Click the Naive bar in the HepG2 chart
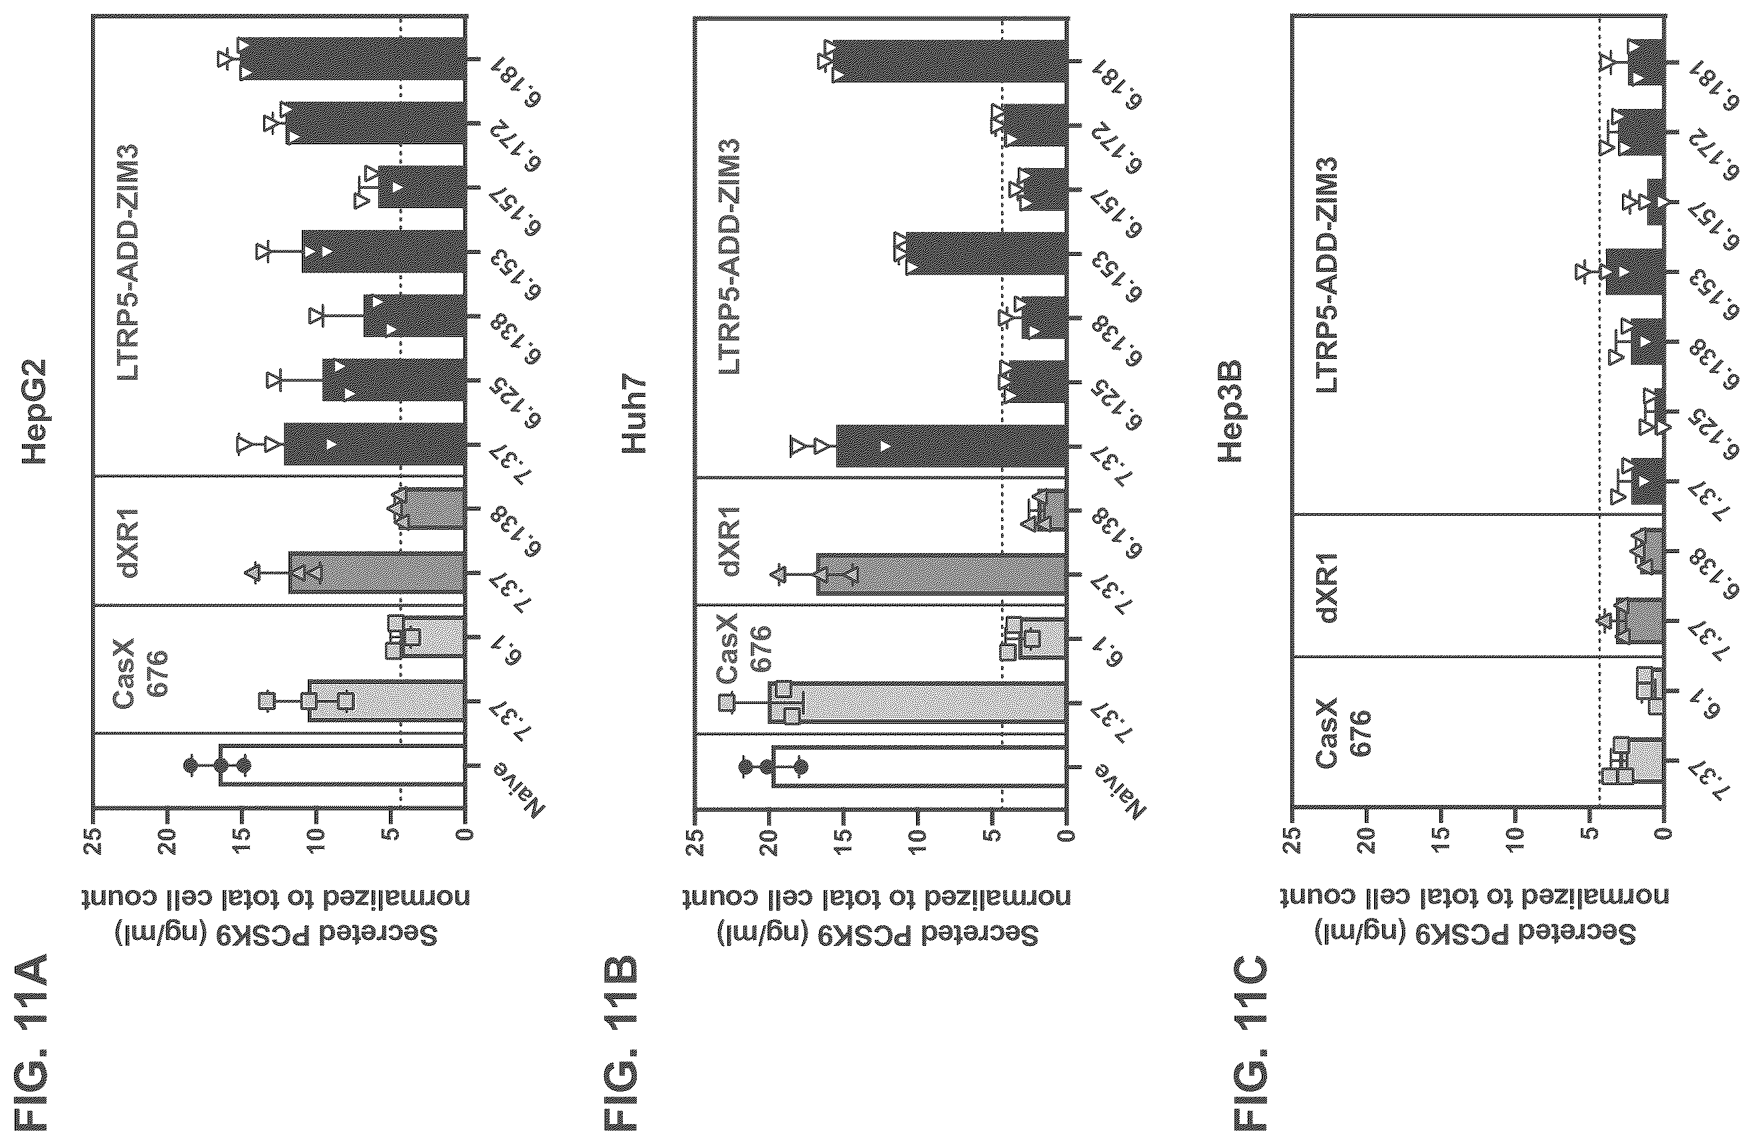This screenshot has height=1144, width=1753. [x=342, y=767]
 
